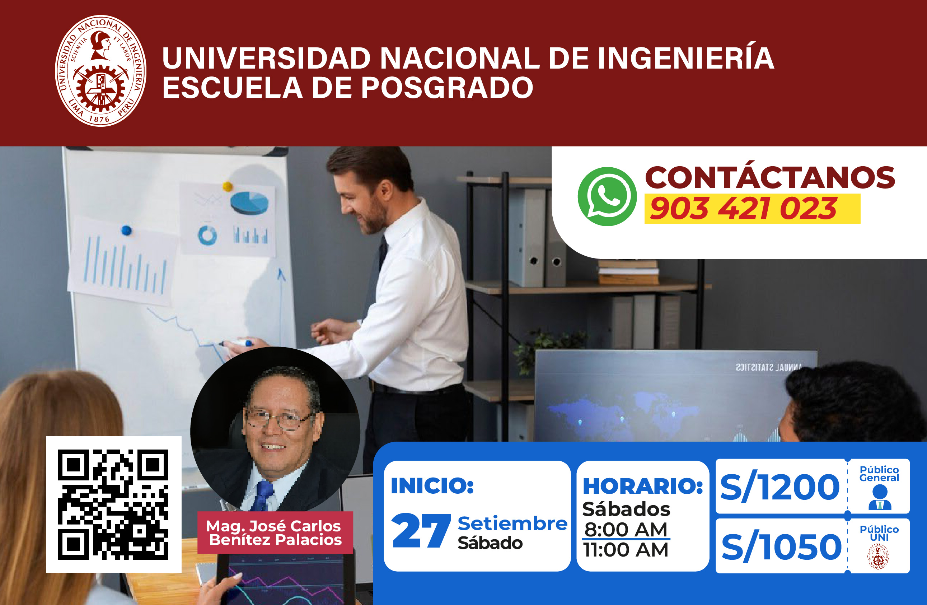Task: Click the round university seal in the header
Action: click(100, 71)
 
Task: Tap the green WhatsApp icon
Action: click(607, 196)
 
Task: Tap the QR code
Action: click(113, 504)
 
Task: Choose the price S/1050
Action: click(781, 546)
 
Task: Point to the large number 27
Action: click(421, 530)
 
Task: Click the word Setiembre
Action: click(512, 523)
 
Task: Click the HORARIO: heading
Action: click(643, 486)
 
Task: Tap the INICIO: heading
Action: click(432, 485)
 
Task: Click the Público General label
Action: click(879, 473)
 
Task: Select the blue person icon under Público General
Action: click(880, 498)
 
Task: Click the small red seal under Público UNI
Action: click(878, 557)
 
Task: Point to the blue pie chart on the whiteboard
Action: click(249, 203)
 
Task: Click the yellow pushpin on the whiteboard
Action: click(228, 186)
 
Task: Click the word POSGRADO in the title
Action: click(447, 87)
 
